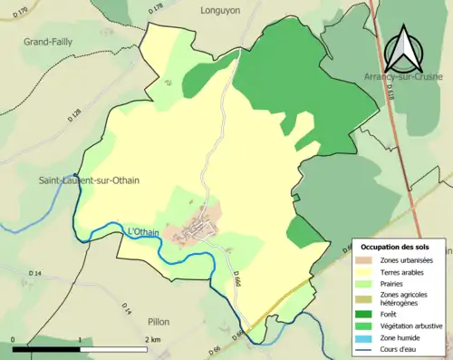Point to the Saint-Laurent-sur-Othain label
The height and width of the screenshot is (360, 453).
point(89,180)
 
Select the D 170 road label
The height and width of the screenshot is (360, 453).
point(19,13)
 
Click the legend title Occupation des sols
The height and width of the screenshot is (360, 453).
point(396,247)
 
